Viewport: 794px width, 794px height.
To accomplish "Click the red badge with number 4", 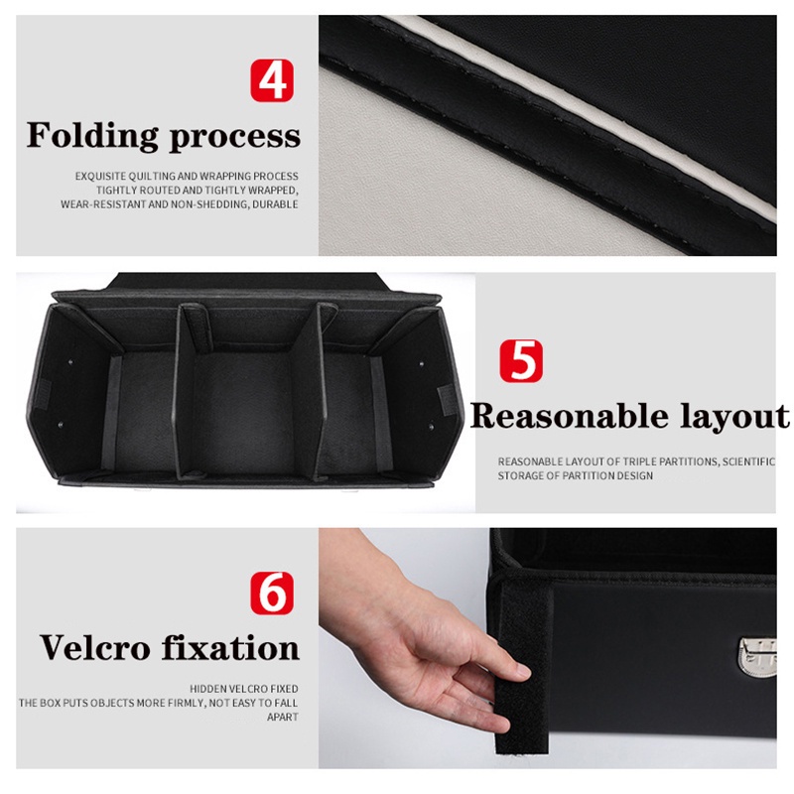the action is coord(272,80).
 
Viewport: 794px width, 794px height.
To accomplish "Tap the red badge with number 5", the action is coord(521,360).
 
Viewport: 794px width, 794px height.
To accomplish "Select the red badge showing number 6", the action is coord(272,593).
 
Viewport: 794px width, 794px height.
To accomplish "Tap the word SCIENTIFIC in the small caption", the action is coord(748,462).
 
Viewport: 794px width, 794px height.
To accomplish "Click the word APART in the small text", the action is coord(283,717).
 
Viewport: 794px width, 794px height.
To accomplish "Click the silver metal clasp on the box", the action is coord(757,657).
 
